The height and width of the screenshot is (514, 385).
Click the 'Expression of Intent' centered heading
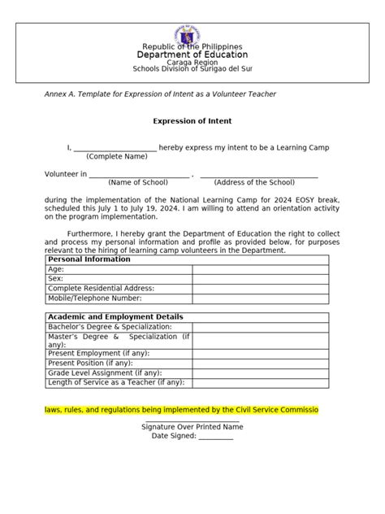click(192, 121)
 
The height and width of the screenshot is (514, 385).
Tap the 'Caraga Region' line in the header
click(192, 62)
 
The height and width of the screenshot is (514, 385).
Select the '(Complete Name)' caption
click(117, 156)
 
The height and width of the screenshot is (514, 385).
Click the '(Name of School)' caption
click(138, 183)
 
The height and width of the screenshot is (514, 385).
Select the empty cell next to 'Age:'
click(260, 268)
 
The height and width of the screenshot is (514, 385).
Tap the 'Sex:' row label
click(55, 278)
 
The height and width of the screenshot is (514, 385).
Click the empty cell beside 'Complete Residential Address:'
click(260, 288)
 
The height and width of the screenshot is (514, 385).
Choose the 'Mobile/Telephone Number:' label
click(100, 298)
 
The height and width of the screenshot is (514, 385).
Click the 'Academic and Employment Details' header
click(115, 317)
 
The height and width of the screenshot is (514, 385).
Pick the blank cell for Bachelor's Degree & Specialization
click(260, 327)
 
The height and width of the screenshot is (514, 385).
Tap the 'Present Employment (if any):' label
click(104, 354)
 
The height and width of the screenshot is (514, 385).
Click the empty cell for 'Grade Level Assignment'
click(260, 372)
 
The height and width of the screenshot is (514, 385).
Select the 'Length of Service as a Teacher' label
click(116, 382)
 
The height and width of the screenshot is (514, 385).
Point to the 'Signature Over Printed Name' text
click(192, 426)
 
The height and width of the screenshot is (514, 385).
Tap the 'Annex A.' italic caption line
click(160, 94)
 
